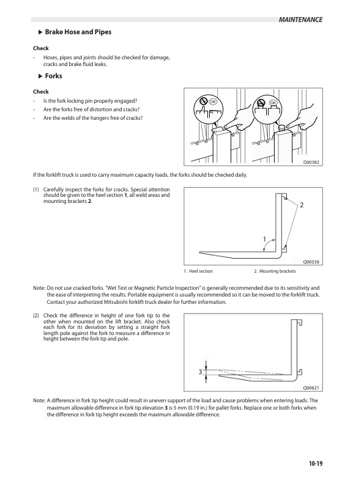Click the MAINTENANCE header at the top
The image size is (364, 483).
pos(300,20)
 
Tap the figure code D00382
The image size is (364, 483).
pos(312,162)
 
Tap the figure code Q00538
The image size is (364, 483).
pos(312,262)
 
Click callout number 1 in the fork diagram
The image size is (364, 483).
pos(264,238)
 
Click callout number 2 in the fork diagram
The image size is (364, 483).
pos(302,205)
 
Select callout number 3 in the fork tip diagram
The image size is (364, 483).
pos(199,372)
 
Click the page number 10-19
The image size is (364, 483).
pos(315,463)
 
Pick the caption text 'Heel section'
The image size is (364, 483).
pos(200,271)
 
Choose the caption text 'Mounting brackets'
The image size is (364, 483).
pos(278,271)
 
